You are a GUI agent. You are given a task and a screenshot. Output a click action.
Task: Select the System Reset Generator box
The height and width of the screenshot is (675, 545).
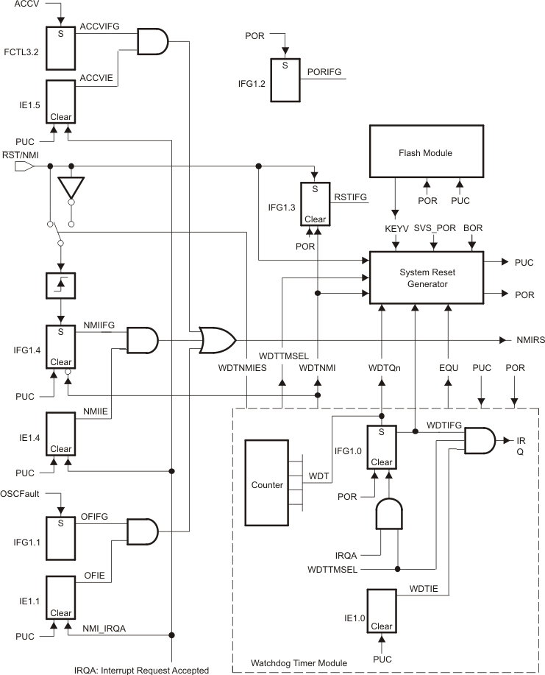pos(425,277)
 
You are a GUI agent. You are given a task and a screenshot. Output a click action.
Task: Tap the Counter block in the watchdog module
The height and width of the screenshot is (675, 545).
pos(267,486)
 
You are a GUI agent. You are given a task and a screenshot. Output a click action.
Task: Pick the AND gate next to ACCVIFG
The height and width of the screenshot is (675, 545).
pos(153,42)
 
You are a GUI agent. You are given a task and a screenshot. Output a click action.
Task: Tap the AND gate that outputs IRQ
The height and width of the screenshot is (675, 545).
pos(480,440)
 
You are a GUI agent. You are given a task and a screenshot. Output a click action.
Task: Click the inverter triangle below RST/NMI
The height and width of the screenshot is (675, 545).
pos(71,187)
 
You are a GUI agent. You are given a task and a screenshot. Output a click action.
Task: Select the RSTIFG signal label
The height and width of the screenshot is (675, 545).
pos(350,197)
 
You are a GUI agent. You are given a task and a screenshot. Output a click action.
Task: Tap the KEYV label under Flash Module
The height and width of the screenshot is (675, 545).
pos(396,229)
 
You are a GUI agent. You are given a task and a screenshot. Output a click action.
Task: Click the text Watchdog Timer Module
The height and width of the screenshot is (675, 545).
pos(298,662)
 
